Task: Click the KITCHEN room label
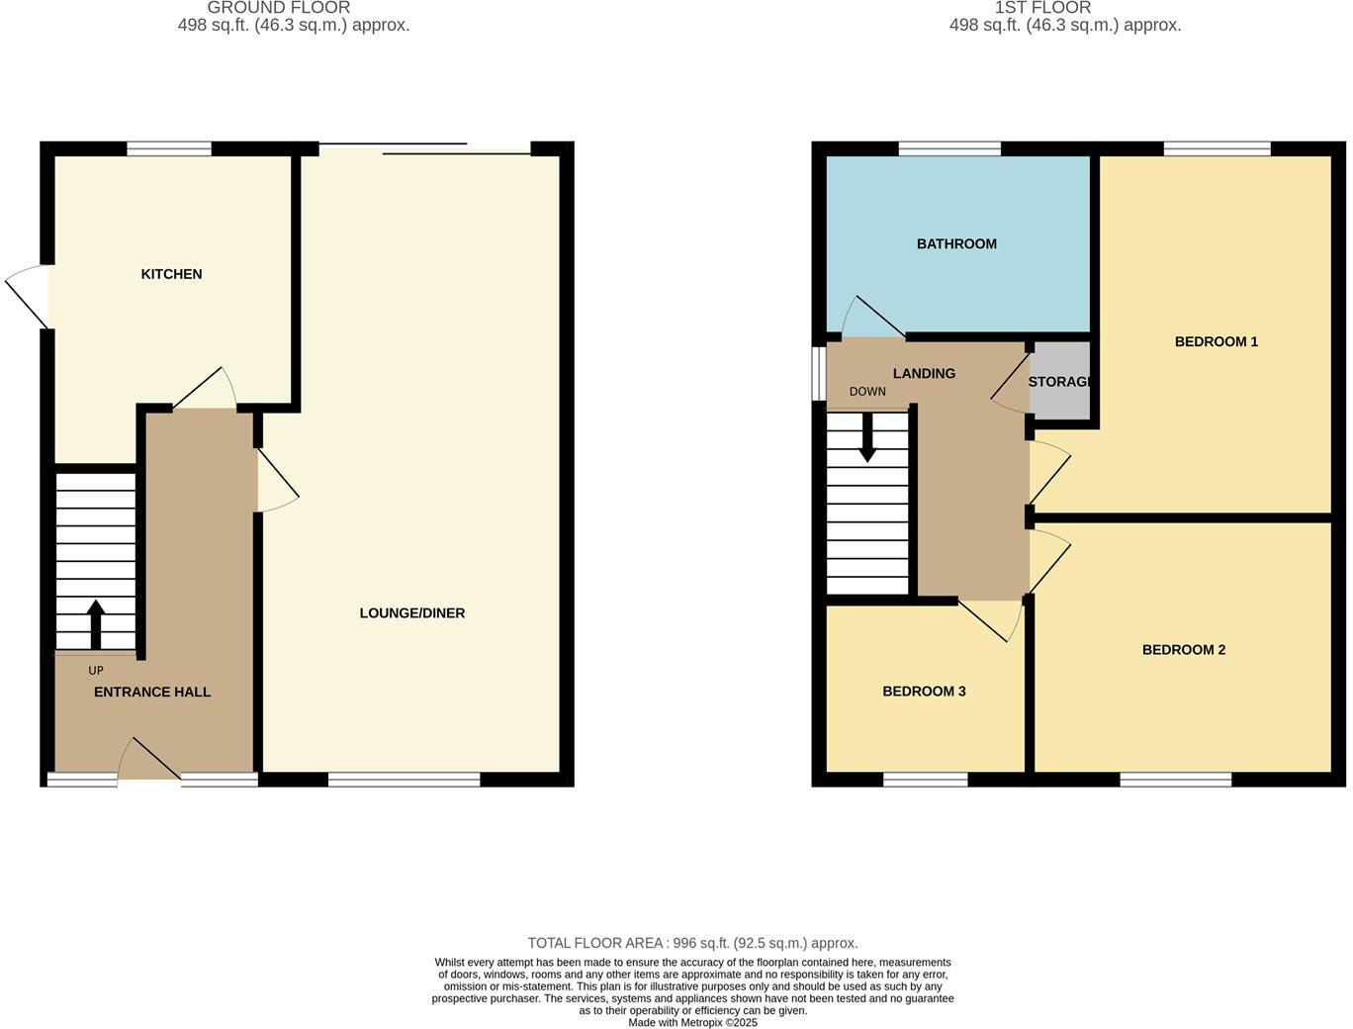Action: (x=171, y=274)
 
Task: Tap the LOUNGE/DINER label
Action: (x=411, y=613)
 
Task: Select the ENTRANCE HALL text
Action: (x=152, y=693)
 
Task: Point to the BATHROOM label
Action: (x=956, y=244)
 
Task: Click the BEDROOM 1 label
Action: (x=1216, y=342)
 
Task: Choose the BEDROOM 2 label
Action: (x=1183, y=650)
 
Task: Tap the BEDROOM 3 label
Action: (x=924, y=692)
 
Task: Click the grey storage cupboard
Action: (x=1060, y=382)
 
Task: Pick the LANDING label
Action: (x=924, y=374)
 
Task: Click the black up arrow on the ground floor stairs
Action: (x=96, y=623)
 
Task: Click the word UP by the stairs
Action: (x=96, y=671)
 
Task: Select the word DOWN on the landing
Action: (x=867, y=392)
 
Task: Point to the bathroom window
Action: (x=949, y=149)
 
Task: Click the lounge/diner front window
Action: (x=404, y=780)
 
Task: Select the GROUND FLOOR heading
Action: (x=279, y=8)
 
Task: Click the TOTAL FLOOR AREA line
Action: (x=692, y=944)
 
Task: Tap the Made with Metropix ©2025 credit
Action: (x=692, y=1023)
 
